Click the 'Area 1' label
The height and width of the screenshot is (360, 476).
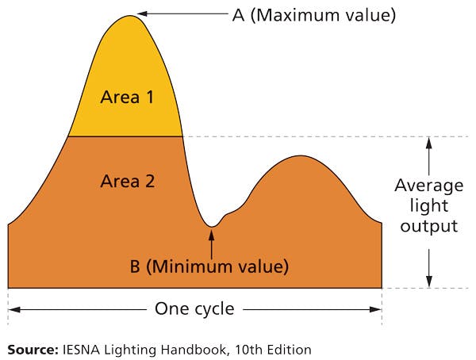click(x=127, y=98)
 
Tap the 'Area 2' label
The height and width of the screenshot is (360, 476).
click(x=127, y=181)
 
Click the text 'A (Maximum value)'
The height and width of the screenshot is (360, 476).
click(x=313, y=14)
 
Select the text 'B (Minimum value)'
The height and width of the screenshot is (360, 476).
click(x=209, y=266)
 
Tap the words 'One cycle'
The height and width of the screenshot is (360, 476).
click(x=194, y=308)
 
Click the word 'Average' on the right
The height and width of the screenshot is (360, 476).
click(x=429, y=186)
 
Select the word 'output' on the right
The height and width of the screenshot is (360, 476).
click(x=429, y=226)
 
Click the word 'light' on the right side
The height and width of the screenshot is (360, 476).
click(x=429, y=206)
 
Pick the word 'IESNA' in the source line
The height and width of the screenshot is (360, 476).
click(x=80, y=348)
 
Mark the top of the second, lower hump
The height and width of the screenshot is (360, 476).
click(x=300, y=156)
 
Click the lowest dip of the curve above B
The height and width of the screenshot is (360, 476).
click(x=211, y=227)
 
